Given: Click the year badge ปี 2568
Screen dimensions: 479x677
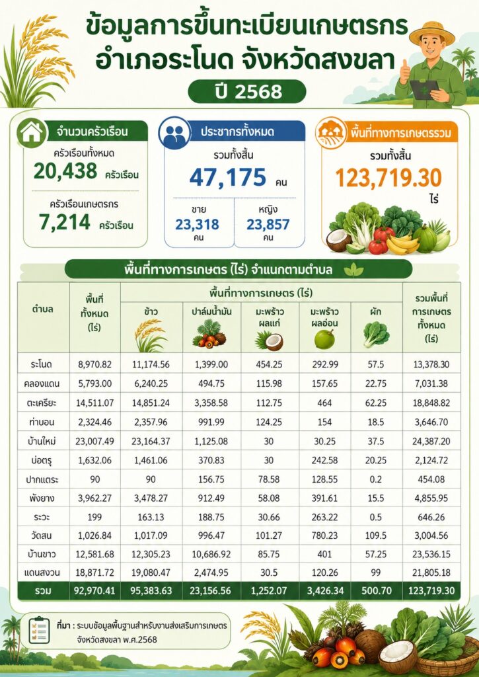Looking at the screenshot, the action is pyautogui.click(x=247, y=91).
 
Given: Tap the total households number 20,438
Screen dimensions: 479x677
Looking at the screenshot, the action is pyautogui.click(x=65, y=171).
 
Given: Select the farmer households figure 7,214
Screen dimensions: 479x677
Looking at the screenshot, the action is pyautogui.click(x=65, y=222).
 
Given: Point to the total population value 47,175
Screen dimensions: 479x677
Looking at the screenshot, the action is pyautogui.click(x=228, y=177).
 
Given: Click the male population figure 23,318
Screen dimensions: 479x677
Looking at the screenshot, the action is pyautogui.click(x=197, y=225).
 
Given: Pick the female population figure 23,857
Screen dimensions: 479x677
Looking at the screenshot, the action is pyautogui.click(x=268, y=225).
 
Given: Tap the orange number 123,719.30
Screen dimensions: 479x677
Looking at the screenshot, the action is pyautogui.click(x=388, y=178).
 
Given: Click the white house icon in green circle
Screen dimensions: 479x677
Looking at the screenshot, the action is pyautogui.click(x=32, y=132).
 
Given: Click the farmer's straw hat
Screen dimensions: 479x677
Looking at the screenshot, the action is pyautogui.click(x=432, y=32).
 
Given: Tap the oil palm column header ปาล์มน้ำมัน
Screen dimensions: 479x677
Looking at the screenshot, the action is pyautogui.click(x=211, y=312).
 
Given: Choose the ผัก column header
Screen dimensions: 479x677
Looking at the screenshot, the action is pyautogui.click(x=376, y=311).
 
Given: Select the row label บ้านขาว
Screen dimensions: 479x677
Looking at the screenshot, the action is pyautogui.click(x=43, y=554).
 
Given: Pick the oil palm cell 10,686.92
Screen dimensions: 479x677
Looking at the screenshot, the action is pyautogui.click(x=211, y=554).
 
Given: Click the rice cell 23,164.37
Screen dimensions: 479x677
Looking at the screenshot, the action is pyautogui.click(x=151, y=441).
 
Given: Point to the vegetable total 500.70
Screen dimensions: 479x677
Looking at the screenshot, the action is pyautogui.click(x=377, y=590).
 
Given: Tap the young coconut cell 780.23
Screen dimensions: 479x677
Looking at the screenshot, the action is pyautogui.click(x=325, y=536).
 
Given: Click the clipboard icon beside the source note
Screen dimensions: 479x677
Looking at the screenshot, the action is pyautogui.click(x=38, y=629).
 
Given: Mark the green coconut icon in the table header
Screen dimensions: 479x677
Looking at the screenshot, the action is pyautogui.click(x=324, y=339).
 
